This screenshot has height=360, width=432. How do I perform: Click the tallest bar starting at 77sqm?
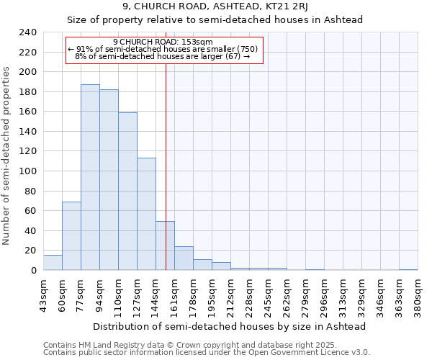90,177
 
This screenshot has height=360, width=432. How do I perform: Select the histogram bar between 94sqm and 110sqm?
109,180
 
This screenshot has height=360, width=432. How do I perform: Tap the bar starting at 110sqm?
127,191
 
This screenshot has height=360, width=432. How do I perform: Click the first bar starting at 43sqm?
53,263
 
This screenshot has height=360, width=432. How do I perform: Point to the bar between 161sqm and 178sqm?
184,258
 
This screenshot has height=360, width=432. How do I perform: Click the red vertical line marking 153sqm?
166,144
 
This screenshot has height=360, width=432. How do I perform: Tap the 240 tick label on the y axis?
27,32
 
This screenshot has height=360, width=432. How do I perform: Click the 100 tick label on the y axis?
27,171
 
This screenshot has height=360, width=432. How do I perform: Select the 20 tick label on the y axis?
30,251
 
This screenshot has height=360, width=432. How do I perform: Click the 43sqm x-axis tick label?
43,294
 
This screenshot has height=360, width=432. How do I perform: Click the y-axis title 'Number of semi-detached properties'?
6,156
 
